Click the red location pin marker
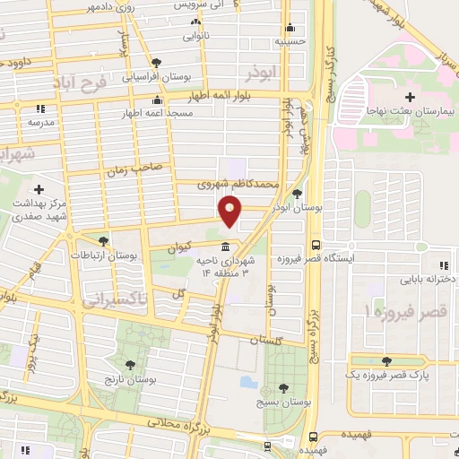click(230, 210)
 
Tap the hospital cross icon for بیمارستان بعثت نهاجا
click(410, 97)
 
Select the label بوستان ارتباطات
click(134, 255)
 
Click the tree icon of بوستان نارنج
click(132, 365)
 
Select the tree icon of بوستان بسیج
click(283, 388)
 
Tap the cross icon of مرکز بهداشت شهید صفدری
click(39, 189)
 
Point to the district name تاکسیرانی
click(115, 301)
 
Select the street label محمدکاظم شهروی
click(241, 185)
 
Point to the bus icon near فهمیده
click(310, 436)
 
